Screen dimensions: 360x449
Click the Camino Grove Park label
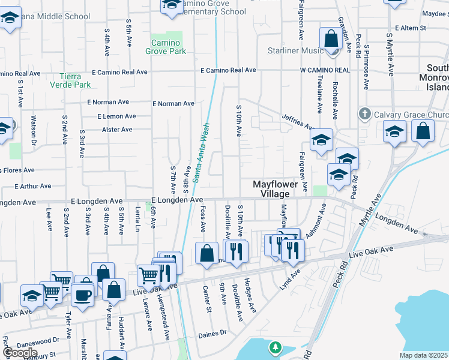165,47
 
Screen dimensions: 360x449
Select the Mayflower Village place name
275,189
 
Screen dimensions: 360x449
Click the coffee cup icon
83,295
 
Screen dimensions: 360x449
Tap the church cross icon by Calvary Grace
364,114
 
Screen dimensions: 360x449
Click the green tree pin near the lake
275,347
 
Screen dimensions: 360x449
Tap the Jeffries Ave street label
298,122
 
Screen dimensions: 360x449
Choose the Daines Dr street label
213,332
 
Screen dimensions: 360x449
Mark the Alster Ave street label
117,130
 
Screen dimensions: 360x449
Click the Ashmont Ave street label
316,222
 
